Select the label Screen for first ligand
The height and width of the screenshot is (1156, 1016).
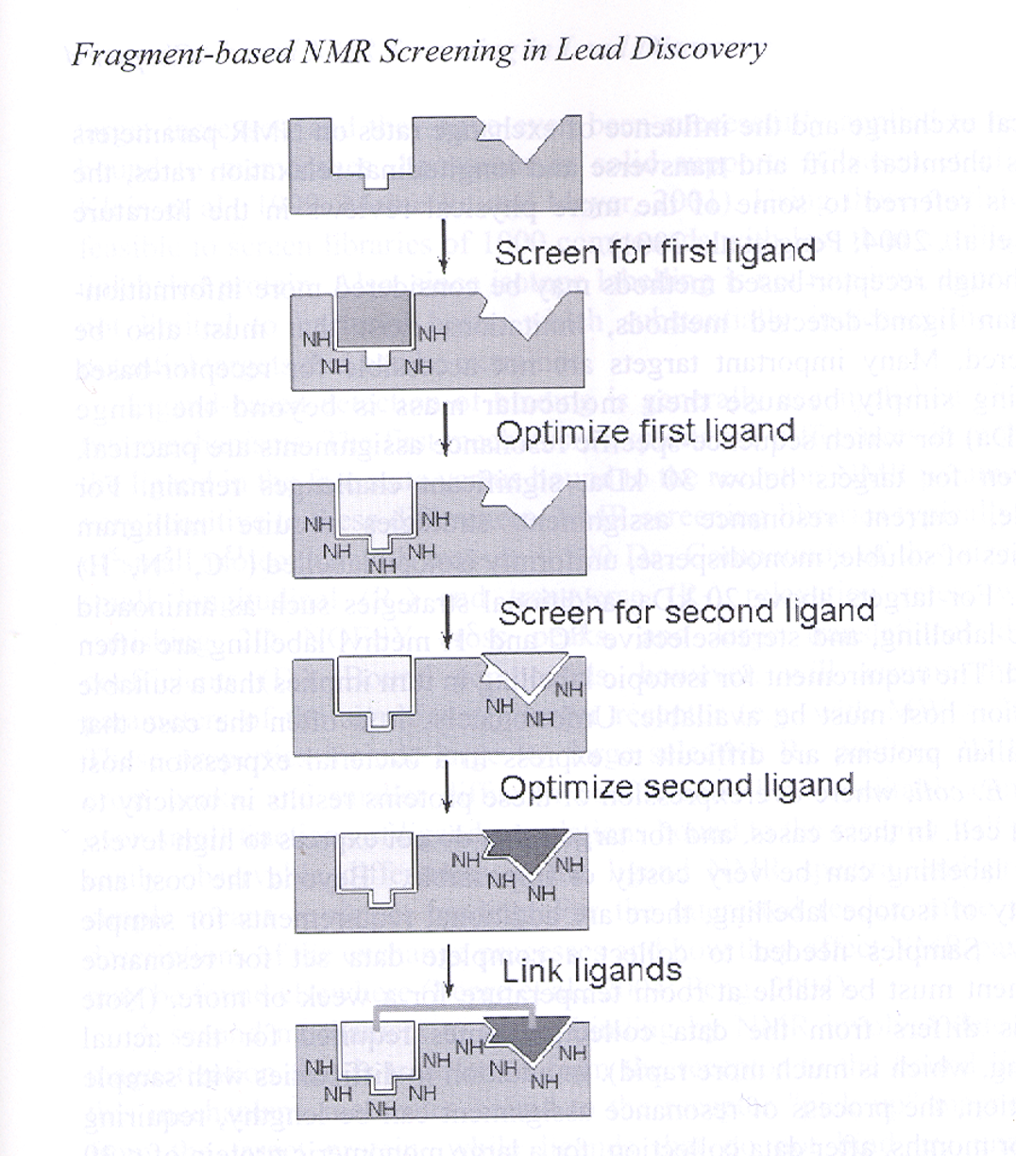654,252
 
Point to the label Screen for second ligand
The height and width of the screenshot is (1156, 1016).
686,612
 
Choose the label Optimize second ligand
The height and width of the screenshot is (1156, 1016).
676,787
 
